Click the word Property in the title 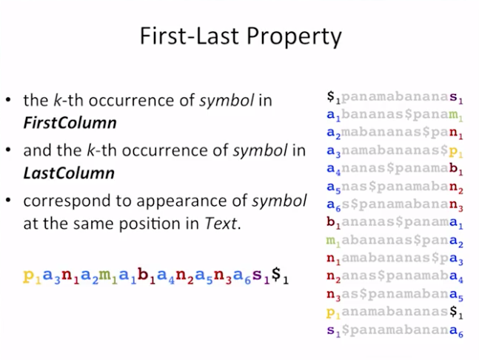(294, 37)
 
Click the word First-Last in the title (189, 36)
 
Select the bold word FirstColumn (70, 123)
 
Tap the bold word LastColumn (69, 173)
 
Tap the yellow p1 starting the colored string (32, 276)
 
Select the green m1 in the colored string (108, 276)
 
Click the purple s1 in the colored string (261, 276)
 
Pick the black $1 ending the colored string (280, 276)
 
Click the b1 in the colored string (147, 276)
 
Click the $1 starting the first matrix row (334, 96)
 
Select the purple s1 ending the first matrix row (456, 98)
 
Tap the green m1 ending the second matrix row (456, 116)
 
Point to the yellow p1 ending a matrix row (456, 151)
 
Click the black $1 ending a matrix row (456, 312)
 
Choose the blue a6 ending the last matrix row (456, 331)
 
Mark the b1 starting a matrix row (334, 222)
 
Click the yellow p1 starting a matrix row (334, 313)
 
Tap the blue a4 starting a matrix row (334, 169)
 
